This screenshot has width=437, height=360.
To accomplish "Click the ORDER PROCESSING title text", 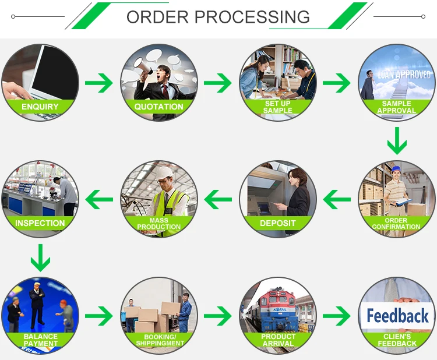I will (218, 16).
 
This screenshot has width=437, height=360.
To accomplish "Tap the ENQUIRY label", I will (40, 107).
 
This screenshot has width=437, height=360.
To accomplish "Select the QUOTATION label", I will (158, 107).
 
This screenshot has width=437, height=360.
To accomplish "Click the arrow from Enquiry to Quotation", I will (99, 83).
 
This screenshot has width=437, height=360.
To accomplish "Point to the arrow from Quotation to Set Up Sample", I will (218, 83).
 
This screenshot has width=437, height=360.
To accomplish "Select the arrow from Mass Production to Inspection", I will (99, 200).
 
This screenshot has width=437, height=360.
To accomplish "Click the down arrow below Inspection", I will (40, 257).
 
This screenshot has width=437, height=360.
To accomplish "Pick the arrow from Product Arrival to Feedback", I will (337, 316).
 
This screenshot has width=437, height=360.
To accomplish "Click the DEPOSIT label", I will (277, 223).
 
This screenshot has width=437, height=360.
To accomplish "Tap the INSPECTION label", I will (40, 223).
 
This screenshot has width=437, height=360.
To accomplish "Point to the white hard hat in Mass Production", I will (165, 172).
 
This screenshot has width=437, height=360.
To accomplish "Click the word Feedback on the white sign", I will (397, 316).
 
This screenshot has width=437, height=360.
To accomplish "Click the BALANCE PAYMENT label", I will (40, 340).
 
